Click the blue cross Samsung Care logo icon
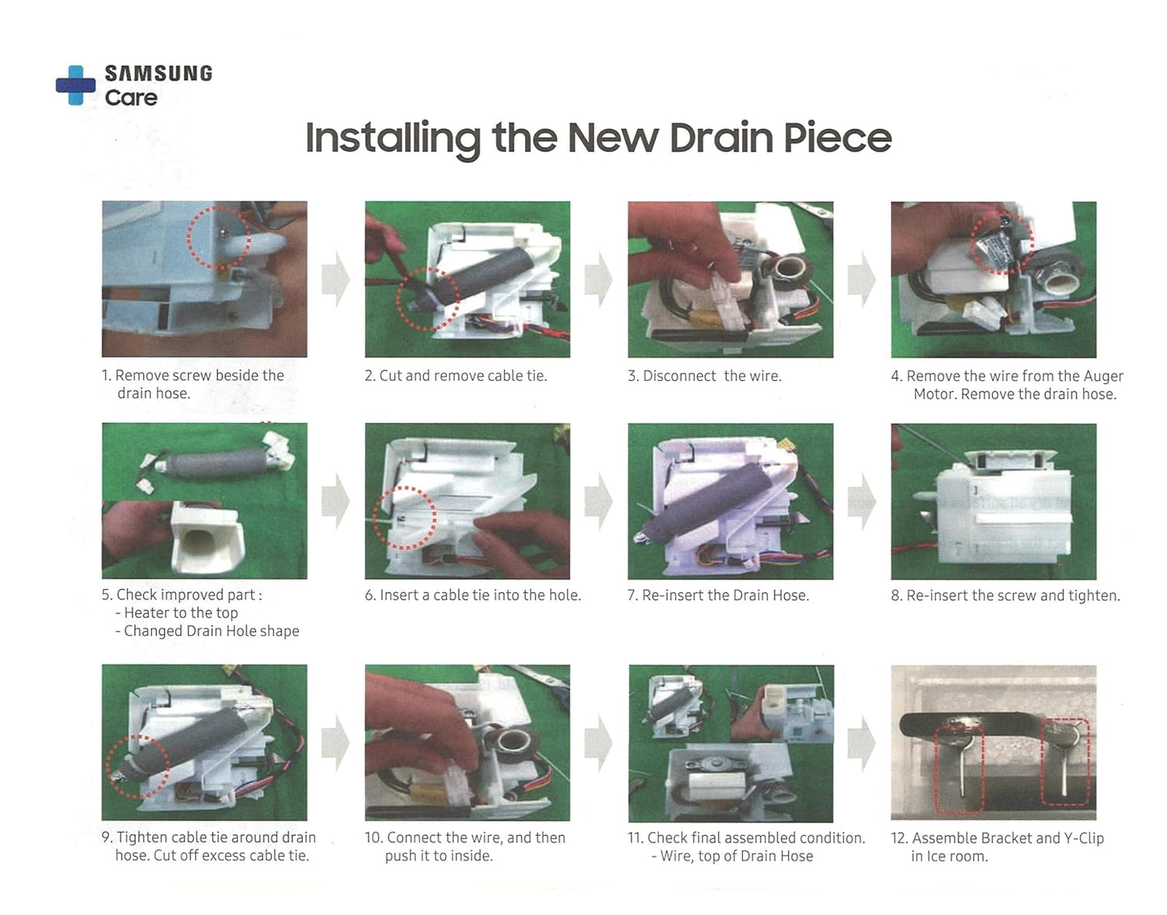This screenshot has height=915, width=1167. pyautogui.click(x=76, y=86)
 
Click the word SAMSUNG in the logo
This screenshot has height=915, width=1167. pyautogui.click(x=158, y=73)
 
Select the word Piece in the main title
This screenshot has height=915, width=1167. pyautogui.click(x=837, y=138)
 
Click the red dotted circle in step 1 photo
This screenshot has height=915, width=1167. pyautogui.click(x=188, y=237)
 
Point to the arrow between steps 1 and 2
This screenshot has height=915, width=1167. pyautogui.click(x=335, y=279)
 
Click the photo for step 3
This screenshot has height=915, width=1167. pyautogui.click(x=730, y=279)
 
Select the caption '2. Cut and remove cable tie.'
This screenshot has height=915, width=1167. pyautogui.click(x=456, y=376)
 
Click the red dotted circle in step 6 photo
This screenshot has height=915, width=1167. pyautogui.click(x=374, y=518)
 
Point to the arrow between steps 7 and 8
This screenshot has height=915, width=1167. pyautogui.click(x=862, y=502)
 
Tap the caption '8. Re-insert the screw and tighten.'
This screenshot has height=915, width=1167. pyautogui.click(x=1005, y=595)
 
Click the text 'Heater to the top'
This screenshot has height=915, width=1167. pyautogui.click(x=180, y=613)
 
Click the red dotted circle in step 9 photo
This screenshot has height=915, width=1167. pyautogui.click(x=107, y=767)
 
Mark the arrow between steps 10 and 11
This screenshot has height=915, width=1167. pyautogui.click(x=598, y=744)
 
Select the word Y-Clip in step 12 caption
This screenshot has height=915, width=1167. pyautogui.click(x=1084, y=838)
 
